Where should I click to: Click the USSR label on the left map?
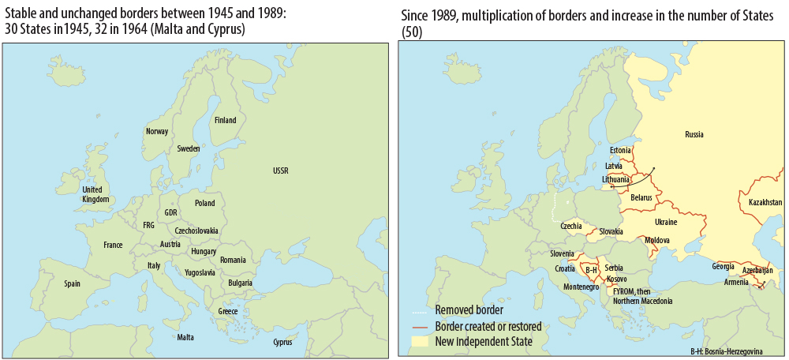(280, 171)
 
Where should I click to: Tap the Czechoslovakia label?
(197, 231)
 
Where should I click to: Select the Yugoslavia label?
(199, 272)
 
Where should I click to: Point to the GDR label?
(170, 212)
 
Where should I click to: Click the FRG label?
(148, 225)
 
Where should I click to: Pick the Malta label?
(185, 337)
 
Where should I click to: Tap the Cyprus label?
(282, 342)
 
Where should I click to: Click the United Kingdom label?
(95, 194)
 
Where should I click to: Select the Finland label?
(225, 121)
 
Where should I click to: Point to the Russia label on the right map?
(694, 134)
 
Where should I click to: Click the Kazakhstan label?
(765, 203)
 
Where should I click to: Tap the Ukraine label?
(666, 222)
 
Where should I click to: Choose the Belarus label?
(641, 197)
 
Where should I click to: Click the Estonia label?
(620, 150)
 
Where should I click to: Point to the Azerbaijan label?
(758, 270)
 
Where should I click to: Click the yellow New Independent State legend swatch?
(419, 342)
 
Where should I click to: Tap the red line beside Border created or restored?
(419, 326)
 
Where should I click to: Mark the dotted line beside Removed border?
(419, 310)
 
